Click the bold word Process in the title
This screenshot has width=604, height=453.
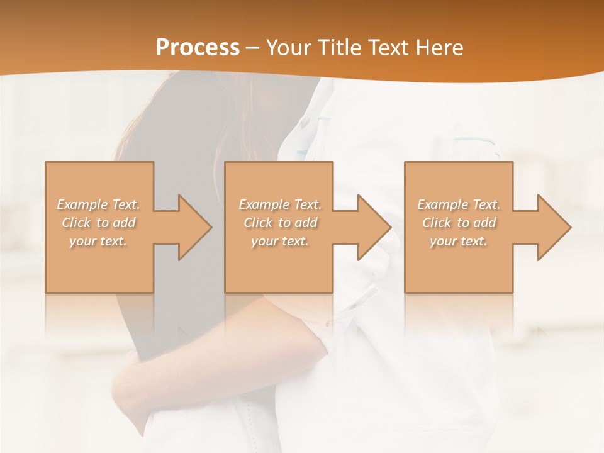tap(198, 48)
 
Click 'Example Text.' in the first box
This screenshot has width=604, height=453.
tap(99, 204)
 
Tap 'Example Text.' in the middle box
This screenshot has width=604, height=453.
tap(280, 204)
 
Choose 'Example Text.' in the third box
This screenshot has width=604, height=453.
tap(459, 204)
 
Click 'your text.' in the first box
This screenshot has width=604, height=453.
tap(98, 241)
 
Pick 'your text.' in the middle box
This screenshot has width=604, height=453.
tap(280, 241)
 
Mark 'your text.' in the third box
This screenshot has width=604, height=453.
tap(459, 241)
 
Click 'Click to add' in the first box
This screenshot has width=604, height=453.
tap(99, 223)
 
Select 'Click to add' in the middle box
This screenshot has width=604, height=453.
tap(280, 223)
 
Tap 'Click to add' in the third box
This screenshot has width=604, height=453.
tap(459, 223)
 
